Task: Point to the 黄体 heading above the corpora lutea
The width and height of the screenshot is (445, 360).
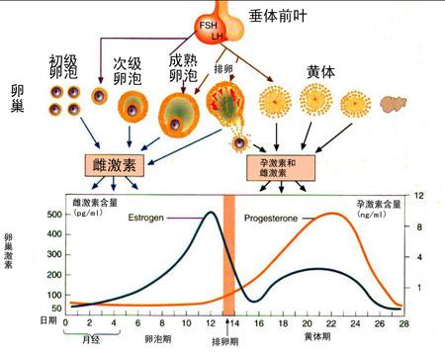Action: pos(320,71)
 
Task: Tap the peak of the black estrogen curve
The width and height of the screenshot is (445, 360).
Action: pos(211,213)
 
